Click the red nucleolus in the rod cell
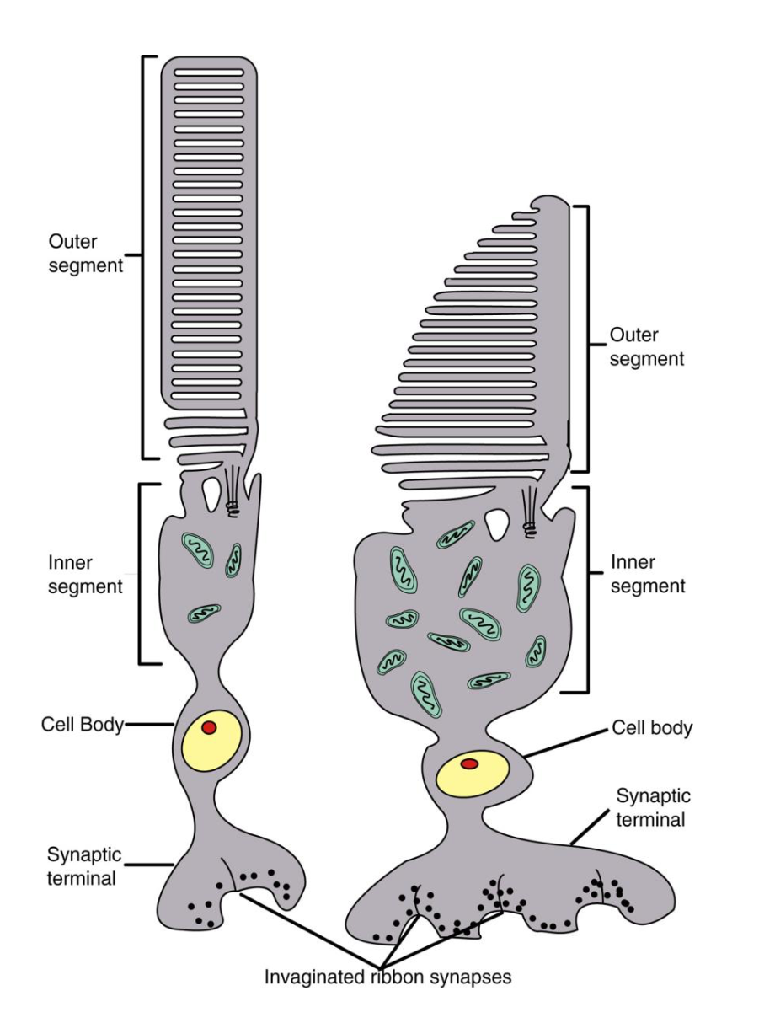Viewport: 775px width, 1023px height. coord(209,727)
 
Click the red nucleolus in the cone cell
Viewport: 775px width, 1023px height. coord(470,763)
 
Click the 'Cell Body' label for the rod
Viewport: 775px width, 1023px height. coord(82,725)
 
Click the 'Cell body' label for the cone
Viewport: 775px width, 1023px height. coord(652,727)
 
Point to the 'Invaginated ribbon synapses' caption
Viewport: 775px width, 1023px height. coord(388,977)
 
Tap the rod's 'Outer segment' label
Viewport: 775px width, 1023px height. coord(85,253)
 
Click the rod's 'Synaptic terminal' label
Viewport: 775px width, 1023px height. coord(84,866)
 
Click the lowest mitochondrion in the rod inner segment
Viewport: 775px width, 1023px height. coord(203,613)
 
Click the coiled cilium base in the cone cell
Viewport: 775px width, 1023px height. coord(530,529)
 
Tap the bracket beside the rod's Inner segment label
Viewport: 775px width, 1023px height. coord(140,573)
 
